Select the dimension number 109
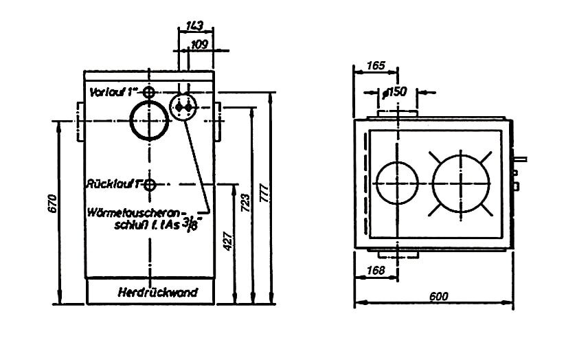point(201,45)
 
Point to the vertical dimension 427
point(229,240)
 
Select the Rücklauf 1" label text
point(114,184)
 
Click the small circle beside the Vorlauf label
point(149,92)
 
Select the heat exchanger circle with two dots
point(183,107)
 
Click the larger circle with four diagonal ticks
point(461,180)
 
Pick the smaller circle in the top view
point(397,184)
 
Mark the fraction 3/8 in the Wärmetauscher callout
point(199,223)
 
